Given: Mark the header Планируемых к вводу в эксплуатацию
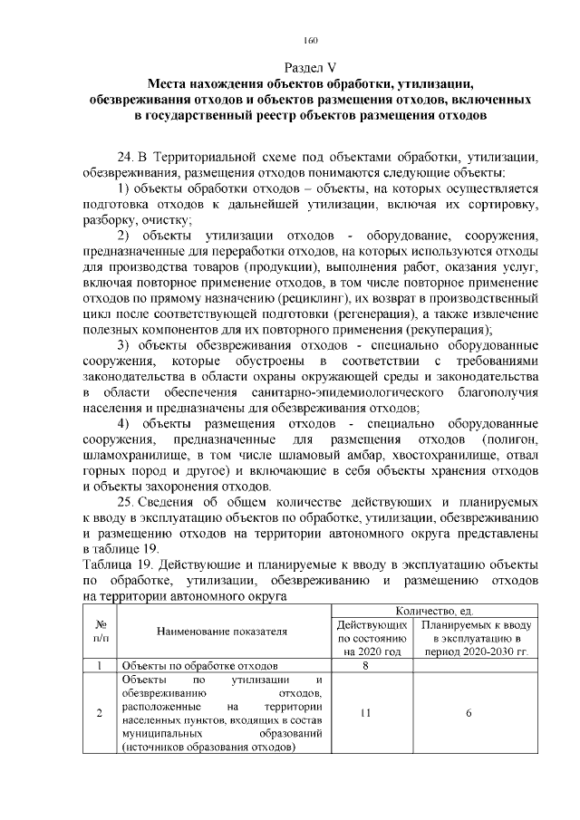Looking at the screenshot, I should click(469, 638).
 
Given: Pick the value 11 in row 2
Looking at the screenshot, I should click(364, 712).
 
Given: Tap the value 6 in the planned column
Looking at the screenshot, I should click(469, 712).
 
